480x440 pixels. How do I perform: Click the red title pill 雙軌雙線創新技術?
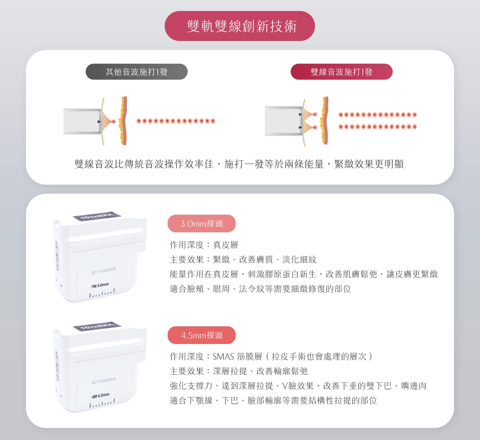[x=240, y=26]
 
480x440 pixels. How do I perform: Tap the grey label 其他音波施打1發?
[x=137, y=72]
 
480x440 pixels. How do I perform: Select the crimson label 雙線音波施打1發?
[x=341, y=72]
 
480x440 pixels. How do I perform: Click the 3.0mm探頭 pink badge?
[x=201, y=223]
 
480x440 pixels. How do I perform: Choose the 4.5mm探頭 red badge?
[x=201, y=335]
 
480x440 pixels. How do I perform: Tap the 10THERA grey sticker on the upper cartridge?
[x=97, y=216]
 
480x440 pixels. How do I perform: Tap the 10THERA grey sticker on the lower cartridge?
[x=97, y=326]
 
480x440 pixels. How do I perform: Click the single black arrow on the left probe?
[x=99, y=122]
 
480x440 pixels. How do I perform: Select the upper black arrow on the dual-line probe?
[x=301, y=115]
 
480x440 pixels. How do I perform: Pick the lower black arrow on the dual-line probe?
[x=301, y=128]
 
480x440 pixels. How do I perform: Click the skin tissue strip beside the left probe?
[x=124, y=121]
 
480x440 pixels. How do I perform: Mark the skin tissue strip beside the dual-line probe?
[x=325, y=121]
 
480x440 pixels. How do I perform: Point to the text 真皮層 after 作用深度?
[x=225, y=245]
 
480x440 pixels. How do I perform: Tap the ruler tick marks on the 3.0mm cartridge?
[x=102, y=293]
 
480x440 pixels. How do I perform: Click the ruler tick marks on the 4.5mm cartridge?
[x=102, y=403]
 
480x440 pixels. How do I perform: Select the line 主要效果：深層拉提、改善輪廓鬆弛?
[x=239, y=371]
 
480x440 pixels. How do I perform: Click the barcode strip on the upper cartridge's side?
[x=57, y=256]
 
